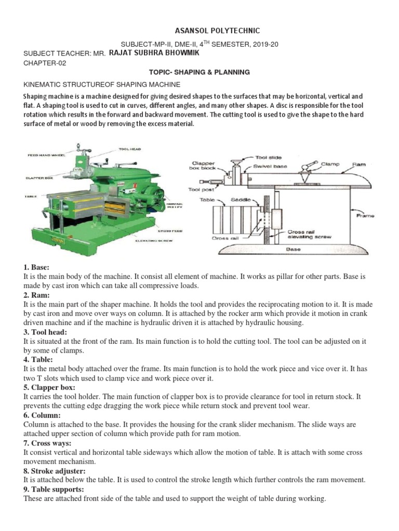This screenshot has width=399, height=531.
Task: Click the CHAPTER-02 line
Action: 45,63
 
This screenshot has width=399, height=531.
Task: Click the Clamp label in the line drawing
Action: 330,164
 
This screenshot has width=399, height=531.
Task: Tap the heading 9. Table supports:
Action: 54,490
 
